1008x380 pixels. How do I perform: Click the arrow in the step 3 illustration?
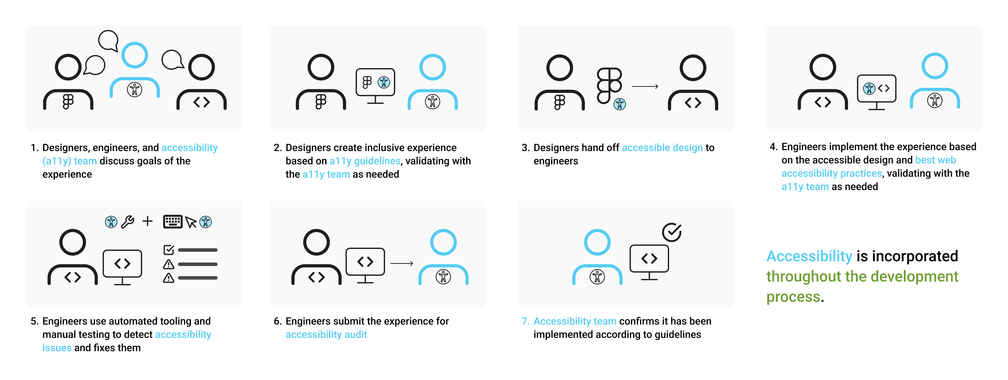(645, 86)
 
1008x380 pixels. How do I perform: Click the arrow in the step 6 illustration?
(402, 263)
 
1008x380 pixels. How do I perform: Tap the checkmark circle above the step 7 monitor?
(671, 232)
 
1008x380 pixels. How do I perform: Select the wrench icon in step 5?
(128, 222)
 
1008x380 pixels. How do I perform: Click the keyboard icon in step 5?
(173, 221)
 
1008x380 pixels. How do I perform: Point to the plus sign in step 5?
(148, 221)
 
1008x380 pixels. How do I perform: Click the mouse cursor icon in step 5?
(191, 222)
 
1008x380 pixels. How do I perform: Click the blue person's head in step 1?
(135, 55)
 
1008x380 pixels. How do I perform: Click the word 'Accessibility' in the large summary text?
(809, 256)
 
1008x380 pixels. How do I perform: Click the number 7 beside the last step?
(525, 321)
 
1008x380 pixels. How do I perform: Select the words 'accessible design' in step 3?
(662, 148)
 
